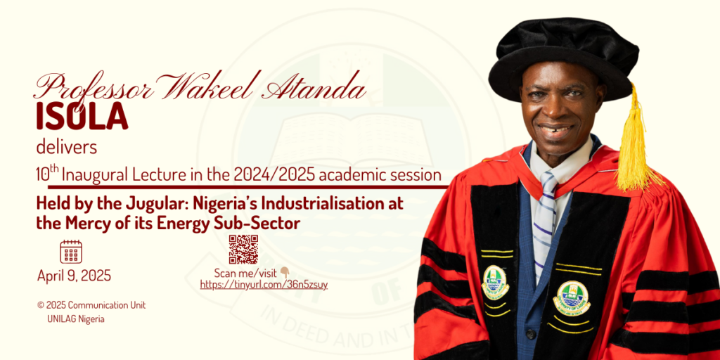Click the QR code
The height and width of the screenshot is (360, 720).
pos(243,250)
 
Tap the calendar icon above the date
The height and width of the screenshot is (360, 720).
pos(71,252)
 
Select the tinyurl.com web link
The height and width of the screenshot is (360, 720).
pos(264,285)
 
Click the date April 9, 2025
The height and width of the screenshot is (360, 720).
pos(75,276)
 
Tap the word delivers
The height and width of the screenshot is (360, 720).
pos(67,148)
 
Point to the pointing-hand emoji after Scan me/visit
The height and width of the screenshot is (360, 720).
pos(285,274)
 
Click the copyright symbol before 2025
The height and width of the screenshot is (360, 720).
pos(41,305)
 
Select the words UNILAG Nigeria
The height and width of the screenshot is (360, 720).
pos(76,319)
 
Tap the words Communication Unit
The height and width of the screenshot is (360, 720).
pos(107,305)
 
